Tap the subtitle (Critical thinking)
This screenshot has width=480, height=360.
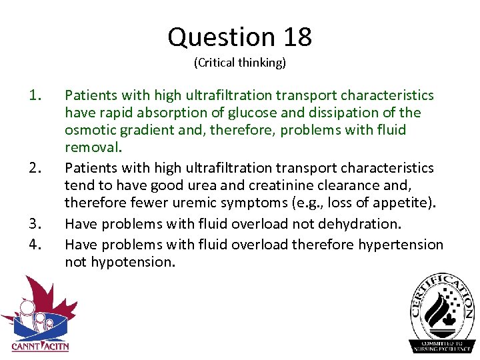[x=240, y=63]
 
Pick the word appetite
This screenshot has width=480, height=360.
[x=404, y=201]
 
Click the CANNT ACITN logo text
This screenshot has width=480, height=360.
[x=40, y=346]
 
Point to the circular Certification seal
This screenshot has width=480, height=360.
[x=443, y=312]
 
